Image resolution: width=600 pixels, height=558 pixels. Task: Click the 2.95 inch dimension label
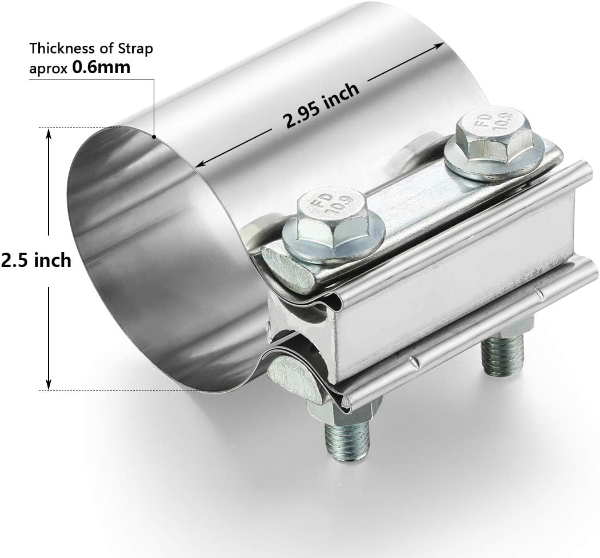click(x=321, y=105)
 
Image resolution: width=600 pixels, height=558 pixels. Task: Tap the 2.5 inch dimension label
click(x=36, y=261)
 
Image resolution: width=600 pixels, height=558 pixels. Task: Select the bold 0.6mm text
click(x=101, y=67)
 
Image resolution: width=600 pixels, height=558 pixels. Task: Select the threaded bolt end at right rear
click(x=503, y=355)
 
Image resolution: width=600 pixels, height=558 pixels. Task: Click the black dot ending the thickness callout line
click(x=154, y=137)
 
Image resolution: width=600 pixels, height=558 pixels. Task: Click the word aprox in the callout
click(x=48, y=67)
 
